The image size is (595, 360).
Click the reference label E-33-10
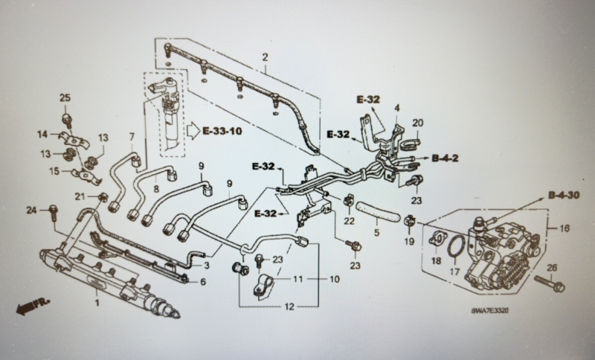tap(222, 131)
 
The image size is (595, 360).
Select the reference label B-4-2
tap(445, 158)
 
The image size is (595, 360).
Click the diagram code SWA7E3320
tap(489, 311)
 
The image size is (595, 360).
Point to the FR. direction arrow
tap(33, 306)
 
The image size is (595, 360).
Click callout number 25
tap(65, 97)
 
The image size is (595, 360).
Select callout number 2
tap(265, 57)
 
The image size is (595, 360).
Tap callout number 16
tap(565, 228)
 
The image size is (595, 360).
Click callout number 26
tap(552, 268)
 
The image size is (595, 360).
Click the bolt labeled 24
tap(53, 213)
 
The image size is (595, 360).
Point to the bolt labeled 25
tap(67, 120)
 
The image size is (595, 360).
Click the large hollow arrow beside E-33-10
tap(193, 131)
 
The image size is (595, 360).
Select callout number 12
tap(289, 306)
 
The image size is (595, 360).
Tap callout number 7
tap(132, 136)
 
